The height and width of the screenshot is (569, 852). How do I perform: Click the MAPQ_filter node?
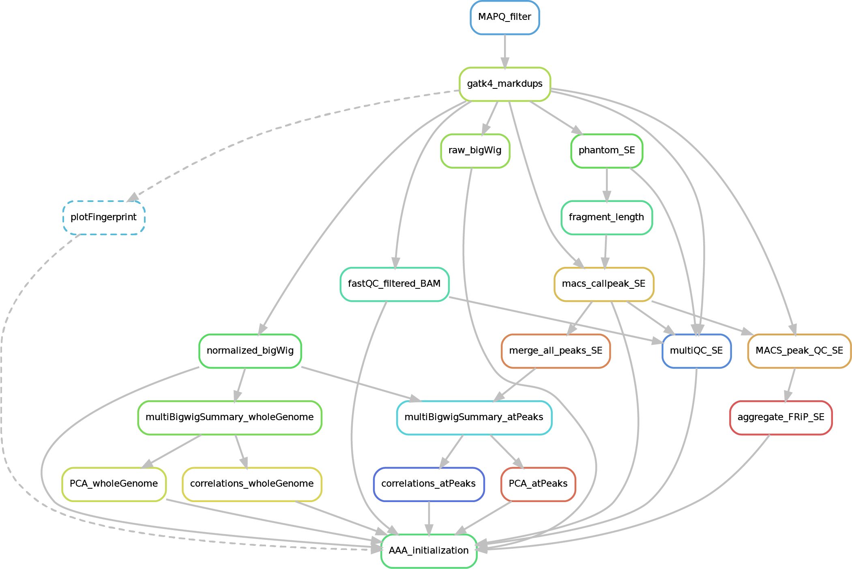pos(504,17)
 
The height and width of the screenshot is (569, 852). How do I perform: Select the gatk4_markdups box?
pos(504,84)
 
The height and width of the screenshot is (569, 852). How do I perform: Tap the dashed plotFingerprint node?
pos(104,217)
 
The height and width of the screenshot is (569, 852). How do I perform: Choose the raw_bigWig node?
pos(475,150)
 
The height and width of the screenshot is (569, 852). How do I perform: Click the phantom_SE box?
pos(606,150)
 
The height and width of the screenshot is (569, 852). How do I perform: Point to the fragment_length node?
pos(606,217)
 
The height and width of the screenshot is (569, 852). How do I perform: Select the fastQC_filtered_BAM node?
pos(394,284)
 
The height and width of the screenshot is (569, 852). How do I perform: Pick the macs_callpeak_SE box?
pos(603,284)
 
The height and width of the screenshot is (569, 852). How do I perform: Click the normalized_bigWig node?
pos(250,351)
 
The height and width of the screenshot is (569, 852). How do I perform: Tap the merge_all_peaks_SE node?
pos(556,351)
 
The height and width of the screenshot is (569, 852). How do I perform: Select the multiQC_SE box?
pos(696,351)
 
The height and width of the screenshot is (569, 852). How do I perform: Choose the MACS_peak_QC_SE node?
pos(799,351)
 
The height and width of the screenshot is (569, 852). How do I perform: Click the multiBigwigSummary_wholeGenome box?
pos(230,417)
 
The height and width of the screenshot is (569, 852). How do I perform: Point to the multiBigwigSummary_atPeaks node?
pos(474,417)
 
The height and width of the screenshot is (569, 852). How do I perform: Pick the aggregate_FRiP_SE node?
pos(781,417)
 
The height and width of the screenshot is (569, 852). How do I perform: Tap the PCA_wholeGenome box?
pos(114,484)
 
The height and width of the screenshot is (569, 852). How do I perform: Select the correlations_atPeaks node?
pos(428,484)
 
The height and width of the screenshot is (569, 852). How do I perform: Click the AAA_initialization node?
pos(428,551)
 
